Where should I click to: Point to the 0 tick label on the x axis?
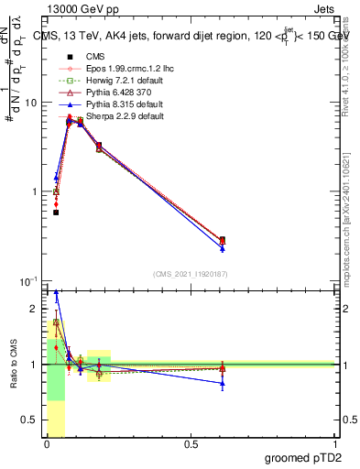pyautogui.click(x=47, y=444)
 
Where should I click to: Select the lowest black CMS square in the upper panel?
pyautogui.click(x=56, y=213)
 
